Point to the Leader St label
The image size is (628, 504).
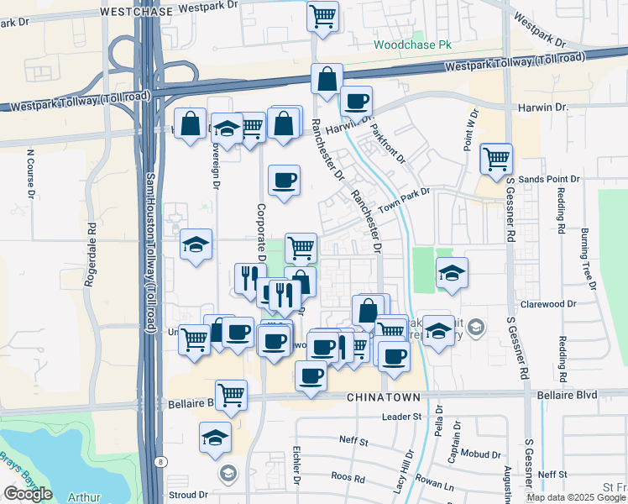click(x=400, y=417)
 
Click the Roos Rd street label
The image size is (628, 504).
click(x=348, y=479)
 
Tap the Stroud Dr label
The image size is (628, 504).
click(x=187, y=495)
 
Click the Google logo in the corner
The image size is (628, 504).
click(x=27, y=494)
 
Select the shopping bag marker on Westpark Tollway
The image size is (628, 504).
click(x=326, y=81)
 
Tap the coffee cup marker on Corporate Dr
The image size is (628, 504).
click(x=284, y=180)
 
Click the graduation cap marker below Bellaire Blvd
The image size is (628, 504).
click(x=215, y=438)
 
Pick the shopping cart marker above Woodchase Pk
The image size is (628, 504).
click(x=322, y=15)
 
